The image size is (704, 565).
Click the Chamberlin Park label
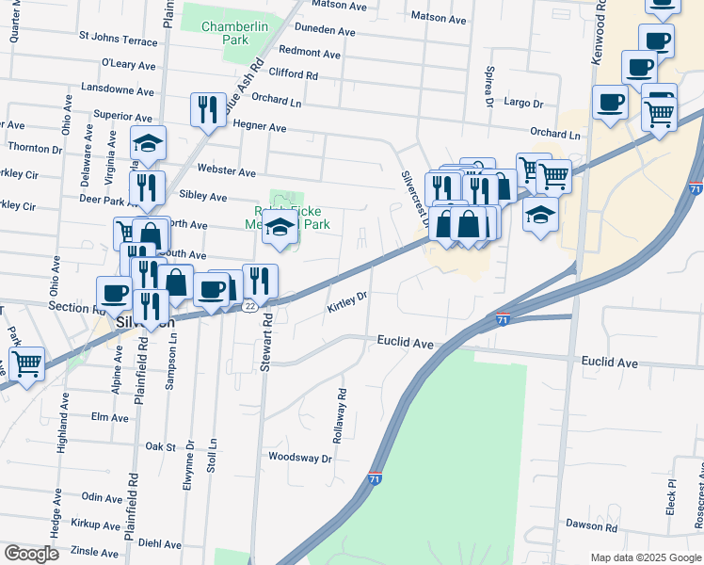pyautogui.click(x=225, y=33)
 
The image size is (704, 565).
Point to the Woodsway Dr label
pyautogui.click(x=300, y=459)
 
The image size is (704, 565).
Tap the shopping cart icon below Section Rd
pyautogui.click(x=27, y=363)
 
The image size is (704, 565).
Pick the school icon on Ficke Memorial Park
pyautogui.click(x=280, y=229)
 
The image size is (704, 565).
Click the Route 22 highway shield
pyautogui.click(x=249, y=306)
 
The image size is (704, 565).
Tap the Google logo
pyautogui.click(x=31, y=554)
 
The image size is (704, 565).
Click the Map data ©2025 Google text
pyautogui.click(x=646, y=557)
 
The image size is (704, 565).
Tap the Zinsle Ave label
pyautogui.click(x=94, y=551)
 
